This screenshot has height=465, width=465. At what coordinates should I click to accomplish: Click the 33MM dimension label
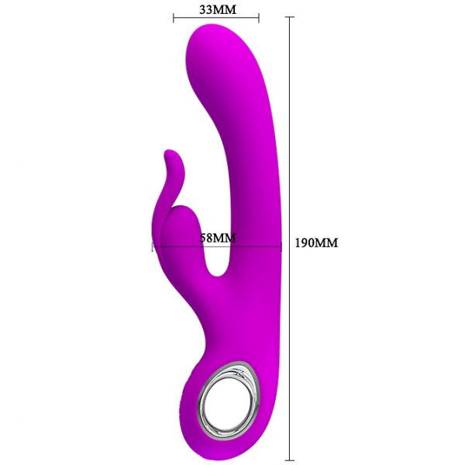[x=218, y=10]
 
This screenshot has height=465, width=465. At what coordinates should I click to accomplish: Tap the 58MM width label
[x=218, y=238]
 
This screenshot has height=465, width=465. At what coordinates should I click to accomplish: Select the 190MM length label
[x=316, y=243]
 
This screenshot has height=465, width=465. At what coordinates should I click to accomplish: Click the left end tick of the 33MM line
[x=174, y=18]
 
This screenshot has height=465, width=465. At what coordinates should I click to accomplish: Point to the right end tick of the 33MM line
[x=259, y=18]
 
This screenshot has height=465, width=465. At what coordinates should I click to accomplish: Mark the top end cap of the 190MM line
[x=289, y=17]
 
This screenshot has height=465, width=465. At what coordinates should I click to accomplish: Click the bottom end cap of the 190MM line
[x=289, y=460]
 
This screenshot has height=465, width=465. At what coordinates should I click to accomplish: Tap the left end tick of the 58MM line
[x=153, y=246]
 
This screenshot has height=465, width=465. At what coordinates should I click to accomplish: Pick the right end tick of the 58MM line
[x=281, y=246]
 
